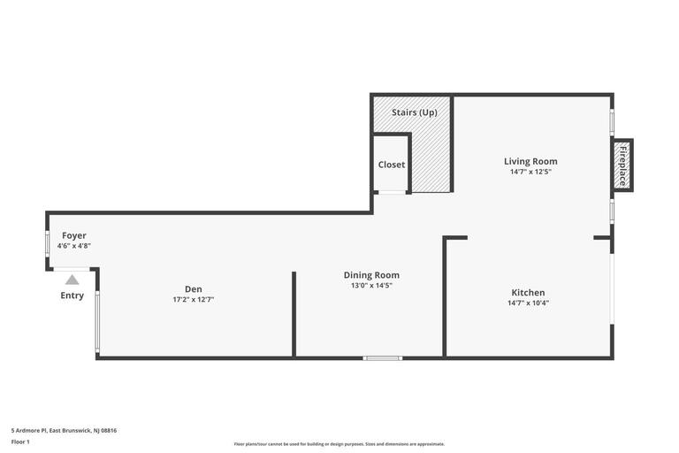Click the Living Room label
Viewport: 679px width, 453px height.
click(x=530, y=161)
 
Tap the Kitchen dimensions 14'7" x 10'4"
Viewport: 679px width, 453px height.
click(x=529, y=303)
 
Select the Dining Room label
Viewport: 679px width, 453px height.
click(x=371, y=275)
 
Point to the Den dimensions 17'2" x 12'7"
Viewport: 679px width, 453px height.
click(x=194, y=300)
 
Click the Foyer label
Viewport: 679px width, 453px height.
click(x=74, y=236)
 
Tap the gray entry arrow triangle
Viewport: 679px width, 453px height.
click(x=72, y=280)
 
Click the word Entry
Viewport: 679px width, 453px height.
click(x=72, y=296)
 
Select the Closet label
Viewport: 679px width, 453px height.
click(x=392, y=165)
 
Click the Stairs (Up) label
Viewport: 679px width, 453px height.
click(x=415, y=112)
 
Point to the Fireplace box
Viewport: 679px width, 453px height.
click(x=622, y=165)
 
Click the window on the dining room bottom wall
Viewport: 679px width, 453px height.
click(x=382, y=358)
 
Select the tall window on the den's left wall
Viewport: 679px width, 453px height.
click(x=97, y=321)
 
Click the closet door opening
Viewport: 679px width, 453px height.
click(x=392, y=193)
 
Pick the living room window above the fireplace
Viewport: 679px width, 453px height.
click(x=612, y=122)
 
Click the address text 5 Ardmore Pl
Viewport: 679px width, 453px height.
click(x=28, y=431)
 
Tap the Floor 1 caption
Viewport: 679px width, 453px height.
click(x=20, y=442)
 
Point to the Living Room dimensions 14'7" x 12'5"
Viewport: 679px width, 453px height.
click(x=530, y=172)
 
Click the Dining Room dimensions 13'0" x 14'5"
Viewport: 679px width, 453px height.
click(x=371, y=286)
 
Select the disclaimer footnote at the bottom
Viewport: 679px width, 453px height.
click(x=339, y=444)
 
